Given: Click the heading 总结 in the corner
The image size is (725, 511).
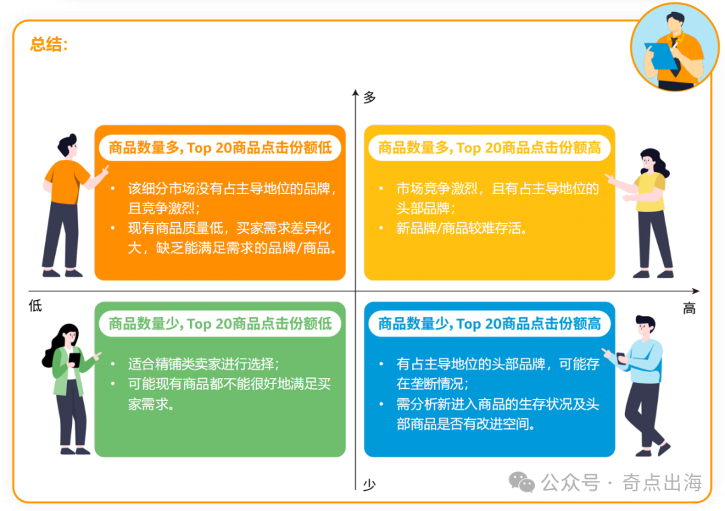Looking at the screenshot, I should coord(48,44).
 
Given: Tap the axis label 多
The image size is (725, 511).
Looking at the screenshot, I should coord(369,98).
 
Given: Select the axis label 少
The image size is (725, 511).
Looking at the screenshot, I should coord(369,484).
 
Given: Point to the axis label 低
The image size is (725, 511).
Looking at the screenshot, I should coord(35,306).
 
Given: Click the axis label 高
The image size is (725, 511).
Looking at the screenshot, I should coord(689,308).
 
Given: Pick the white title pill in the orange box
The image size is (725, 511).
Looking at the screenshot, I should coord(220,148).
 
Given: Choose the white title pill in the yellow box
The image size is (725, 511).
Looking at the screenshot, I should coord(489,148).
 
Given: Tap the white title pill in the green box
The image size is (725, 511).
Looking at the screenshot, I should coord(220,324).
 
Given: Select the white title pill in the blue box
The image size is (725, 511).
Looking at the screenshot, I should coord(489,324).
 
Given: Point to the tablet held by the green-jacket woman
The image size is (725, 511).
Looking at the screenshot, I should coord(74,361).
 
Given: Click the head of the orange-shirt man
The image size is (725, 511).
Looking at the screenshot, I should coord(68,147).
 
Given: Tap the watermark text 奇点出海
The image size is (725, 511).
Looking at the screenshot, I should coord(662,482).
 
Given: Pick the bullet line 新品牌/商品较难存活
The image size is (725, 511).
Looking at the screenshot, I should coord(461,228).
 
